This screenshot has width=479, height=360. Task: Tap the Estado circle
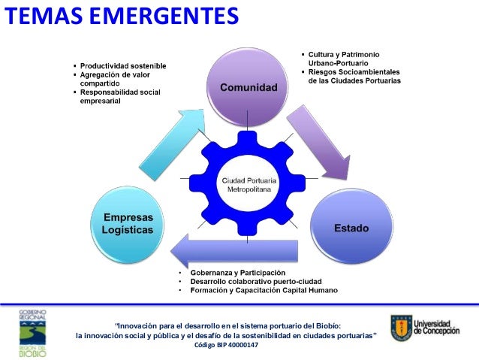coord(351,226)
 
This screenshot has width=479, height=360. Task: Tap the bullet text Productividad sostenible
coord(124,66)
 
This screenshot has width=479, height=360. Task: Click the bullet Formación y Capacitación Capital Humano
coord(264,290)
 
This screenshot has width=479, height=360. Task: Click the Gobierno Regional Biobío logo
coord(32,331)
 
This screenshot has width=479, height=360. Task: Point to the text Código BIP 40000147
coord(226,345)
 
